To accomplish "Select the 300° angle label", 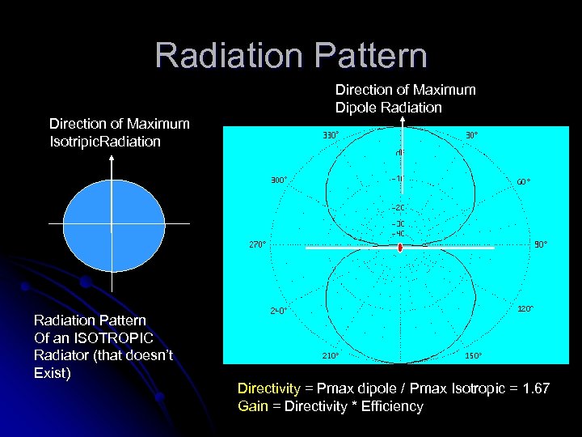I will click(278, 180).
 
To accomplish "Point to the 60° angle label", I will click(524, 181).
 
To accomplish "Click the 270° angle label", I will click(256, 243).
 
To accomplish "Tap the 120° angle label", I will click(525, 308).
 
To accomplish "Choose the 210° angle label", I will click(331, 354).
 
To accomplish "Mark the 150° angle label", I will click(472, 354).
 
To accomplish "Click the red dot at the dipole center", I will click(400, 249).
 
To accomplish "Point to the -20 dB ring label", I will click(398, 207).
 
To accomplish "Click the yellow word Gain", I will click(252, 406).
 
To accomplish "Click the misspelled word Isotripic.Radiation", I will click(105, 142).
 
